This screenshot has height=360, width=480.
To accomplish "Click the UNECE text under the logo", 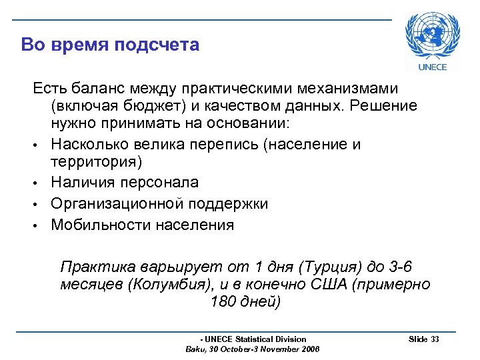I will click(432, 67).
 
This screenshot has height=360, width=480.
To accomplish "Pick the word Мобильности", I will click(101, 225).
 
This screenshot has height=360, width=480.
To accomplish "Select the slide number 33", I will click(435, 339).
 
